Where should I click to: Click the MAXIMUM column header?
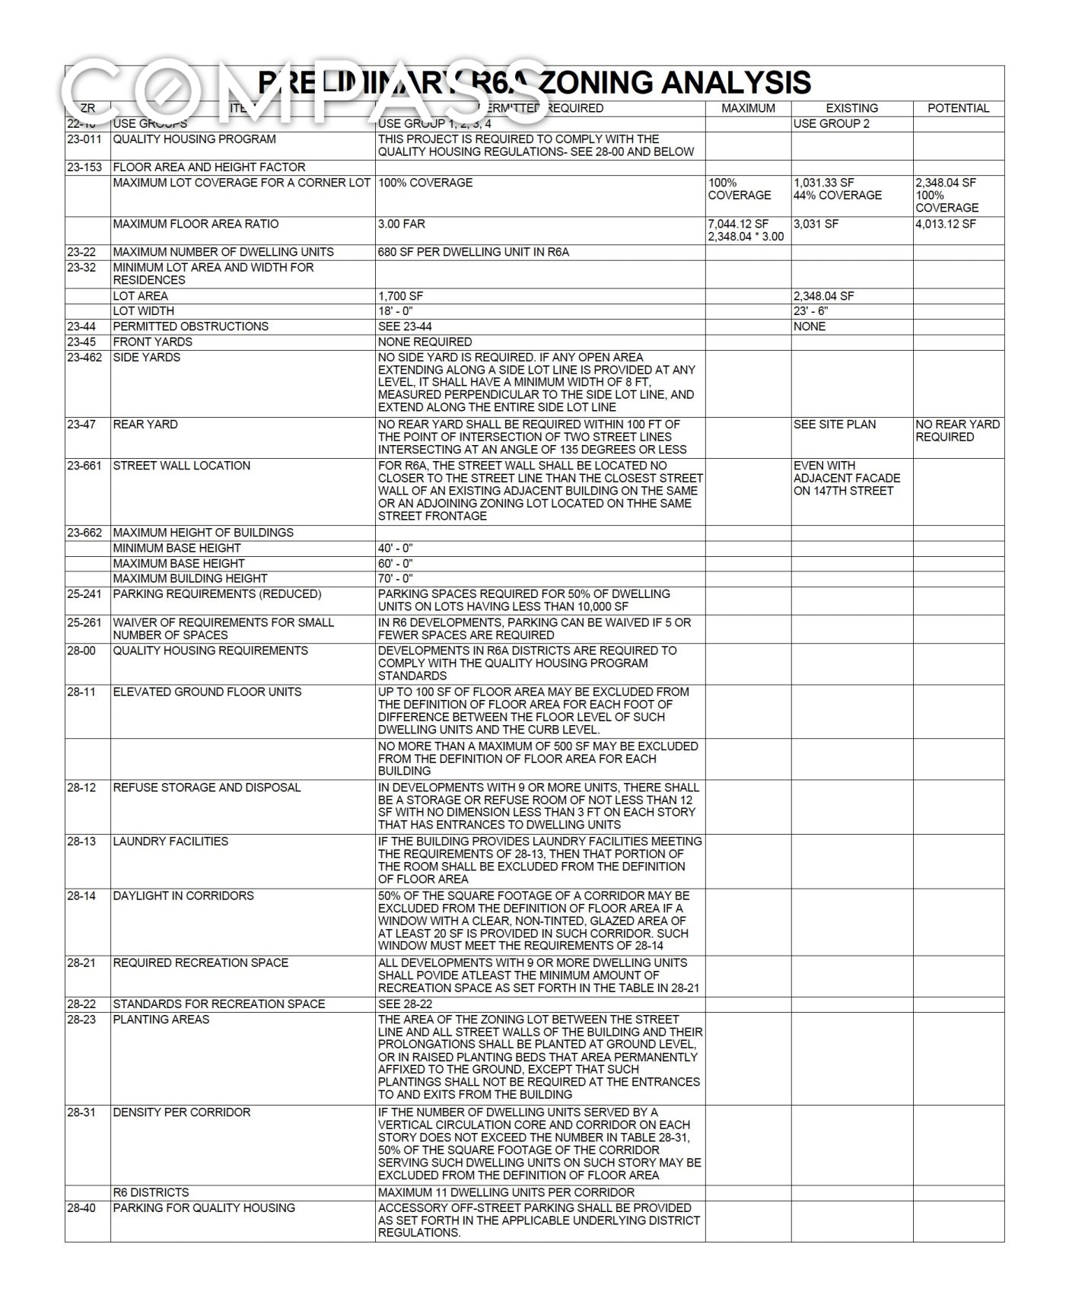[x=748, y=108]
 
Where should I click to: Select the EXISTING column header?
[x=851, y=108]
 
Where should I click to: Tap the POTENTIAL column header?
[x=958, y=108]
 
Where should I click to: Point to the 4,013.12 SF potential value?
[x=946, y=224]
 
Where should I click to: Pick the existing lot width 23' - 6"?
[x=810, y=310]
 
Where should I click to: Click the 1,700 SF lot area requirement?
[x=400, y=296]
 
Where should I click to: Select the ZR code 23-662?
[x=84, y=533]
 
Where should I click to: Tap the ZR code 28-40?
[x=81, y=1207]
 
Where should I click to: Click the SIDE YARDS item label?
[x=147, y=358]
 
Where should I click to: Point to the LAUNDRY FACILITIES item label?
[x=170, y=842]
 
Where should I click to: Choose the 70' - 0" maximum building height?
[x=395, y=578]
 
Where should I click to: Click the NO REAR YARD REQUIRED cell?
[x=957, y=431]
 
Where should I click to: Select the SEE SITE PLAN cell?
[x=835, y=425]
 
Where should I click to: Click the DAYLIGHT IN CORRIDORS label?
[x=183, y=896]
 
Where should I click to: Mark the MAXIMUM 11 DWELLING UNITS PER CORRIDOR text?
[x=506, y=1192]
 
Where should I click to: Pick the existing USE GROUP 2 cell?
[x=831, y=123]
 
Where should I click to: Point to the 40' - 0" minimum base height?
[x=395, y=548]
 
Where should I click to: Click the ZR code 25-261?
[x=84, y=622]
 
